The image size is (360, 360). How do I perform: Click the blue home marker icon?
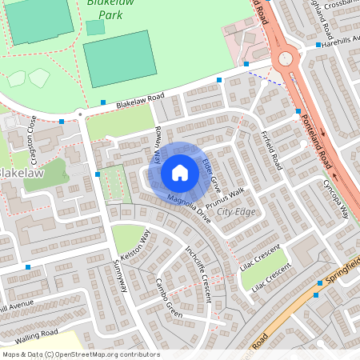pyautogui.click(x=180, y=172)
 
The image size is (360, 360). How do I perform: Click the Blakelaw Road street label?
pyautogui.click(x=140, y=101)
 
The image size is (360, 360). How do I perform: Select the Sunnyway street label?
pyautogui.click(x=122, y=277)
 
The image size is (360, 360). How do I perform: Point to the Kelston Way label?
pyautogui.click(x=135, y=248)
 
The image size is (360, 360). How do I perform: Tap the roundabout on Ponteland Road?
pyautogui.click(x=284, y=59)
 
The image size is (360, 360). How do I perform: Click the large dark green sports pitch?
pyautogui.click(x=119, y=58)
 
